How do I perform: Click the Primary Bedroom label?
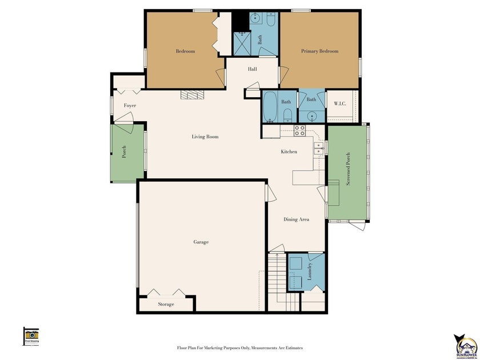tap(319, 51)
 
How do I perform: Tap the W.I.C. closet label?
tap(341, 103)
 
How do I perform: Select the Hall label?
tap(252, 69)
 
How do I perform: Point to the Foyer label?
tap(130, 106)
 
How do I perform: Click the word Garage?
tap(201, 242)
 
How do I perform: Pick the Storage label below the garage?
tap(166, 305)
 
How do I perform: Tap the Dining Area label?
tap(297, 219)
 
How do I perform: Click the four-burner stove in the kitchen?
tap(299, 130)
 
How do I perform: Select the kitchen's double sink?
tap(318, 149)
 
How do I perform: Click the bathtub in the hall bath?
tap(270, 107)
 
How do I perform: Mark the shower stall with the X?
tap(241, 43)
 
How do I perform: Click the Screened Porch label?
tap(348, 169)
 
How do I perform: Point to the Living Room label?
tap(205, 137)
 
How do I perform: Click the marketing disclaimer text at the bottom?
tap(239, 347)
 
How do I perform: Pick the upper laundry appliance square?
tap(295, 263)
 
